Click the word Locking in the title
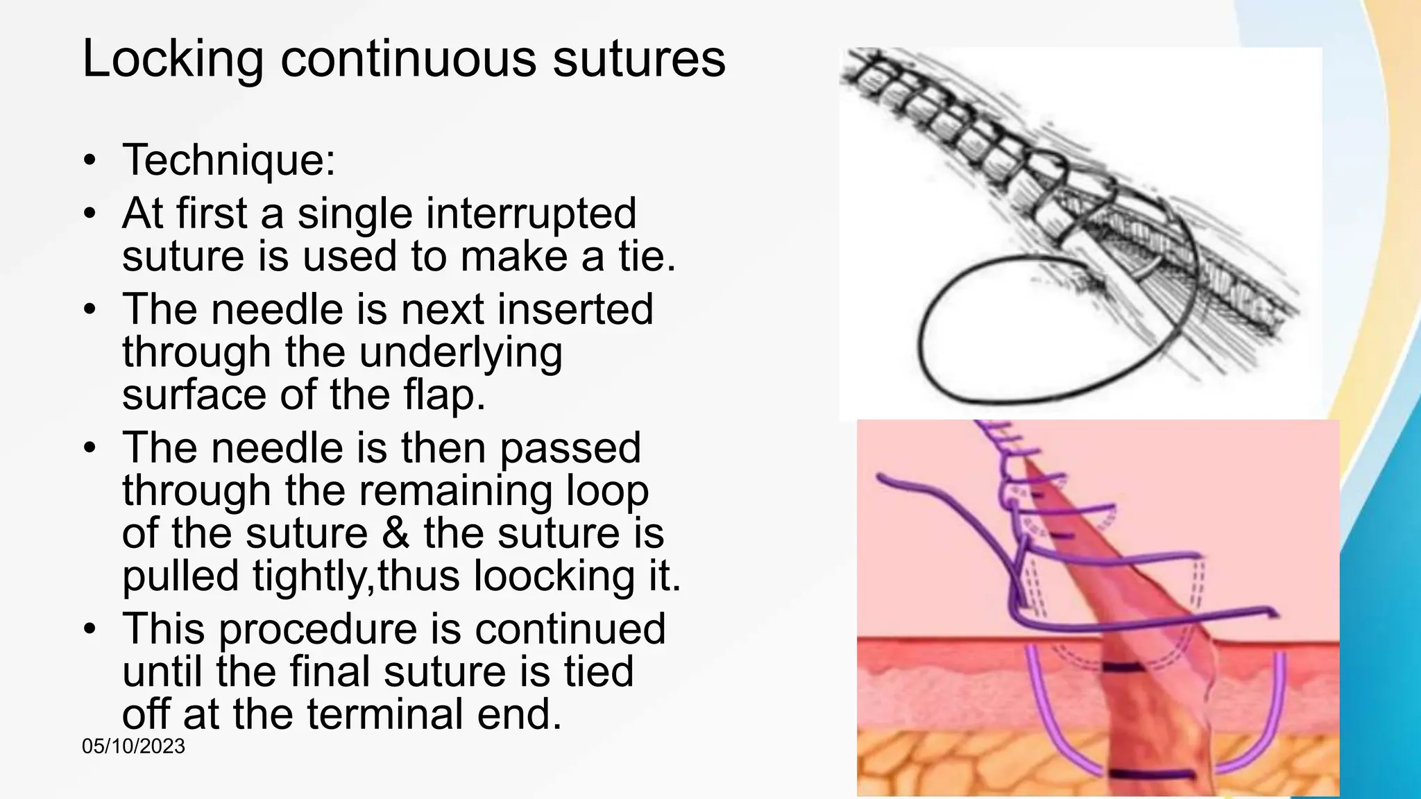pyautogui.click(x=173, y=60)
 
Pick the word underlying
pyautogui.click(x=461, y=352)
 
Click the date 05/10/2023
pyautogui.click(x=133, y=746)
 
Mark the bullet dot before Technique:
pyautogui.click(x=89, y=160)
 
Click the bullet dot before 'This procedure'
pyautogui.click(x=89, y=629)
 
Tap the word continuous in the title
pyautogui.click(x=408, y=60)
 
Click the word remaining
pyautogui.click(x=453, y=490)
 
